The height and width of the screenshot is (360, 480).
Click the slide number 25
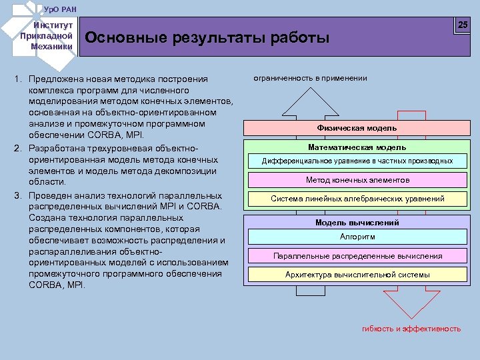coord(463,25)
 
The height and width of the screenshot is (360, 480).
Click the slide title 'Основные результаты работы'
coord(207,38)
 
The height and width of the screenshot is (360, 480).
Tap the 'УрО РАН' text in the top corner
coord(61,8)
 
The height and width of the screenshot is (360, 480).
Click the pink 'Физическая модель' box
coord(357,128)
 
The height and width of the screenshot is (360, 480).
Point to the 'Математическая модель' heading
coord(357,147)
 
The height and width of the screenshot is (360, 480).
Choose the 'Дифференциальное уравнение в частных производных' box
coord(357,161)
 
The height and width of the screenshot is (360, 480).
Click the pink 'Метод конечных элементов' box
coord(357,180)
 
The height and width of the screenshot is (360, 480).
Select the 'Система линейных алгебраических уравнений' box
coord(357,199)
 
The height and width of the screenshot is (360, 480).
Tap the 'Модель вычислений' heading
coord(357,223)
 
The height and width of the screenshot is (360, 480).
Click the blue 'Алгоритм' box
coord(357,237)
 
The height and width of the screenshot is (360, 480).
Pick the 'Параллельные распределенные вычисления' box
coord(357,255)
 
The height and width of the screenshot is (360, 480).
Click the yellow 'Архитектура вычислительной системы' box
coord(357,274)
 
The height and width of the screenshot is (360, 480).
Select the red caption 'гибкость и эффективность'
coord(411,329)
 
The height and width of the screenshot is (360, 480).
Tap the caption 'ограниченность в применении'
coord(310,78)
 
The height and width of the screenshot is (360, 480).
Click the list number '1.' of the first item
coord(18,79)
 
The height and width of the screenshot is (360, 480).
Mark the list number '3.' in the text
coord(18,195)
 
